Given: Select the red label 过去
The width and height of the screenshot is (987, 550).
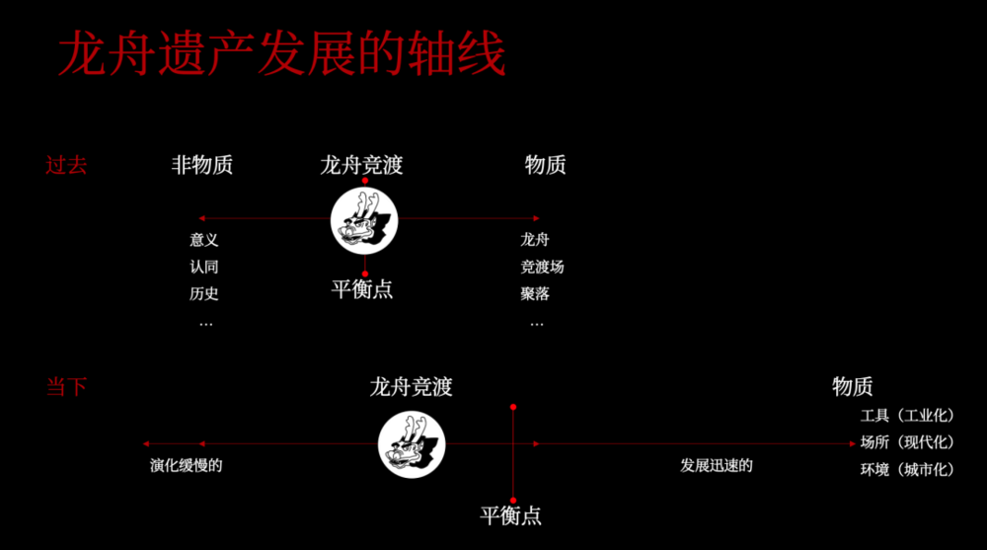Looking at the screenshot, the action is click(66, 165).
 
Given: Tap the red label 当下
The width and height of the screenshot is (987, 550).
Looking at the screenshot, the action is click(66, 386).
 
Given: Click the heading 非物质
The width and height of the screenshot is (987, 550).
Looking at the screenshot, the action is click(202, 165).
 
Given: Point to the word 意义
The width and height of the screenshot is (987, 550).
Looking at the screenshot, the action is click(204, 240).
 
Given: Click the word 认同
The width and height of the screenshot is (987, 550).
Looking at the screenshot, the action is click(204, 268).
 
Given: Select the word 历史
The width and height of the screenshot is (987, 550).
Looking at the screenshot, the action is click(204, 293).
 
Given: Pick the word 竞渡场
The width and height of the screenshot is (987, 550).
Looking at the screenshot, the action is click(542, 268).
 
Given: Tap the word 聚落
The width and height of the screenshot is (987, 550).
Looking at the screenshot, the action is click(535, 293).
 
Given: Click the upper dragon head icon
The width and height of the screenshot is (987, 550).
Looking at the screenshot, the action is click(364, 220).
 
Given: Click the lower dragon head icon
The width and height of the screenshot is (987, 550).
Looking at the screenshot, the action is click(412, 444).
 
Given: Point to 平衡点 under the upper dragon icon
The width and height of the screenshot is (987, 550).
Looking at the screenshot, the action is click(362, 289).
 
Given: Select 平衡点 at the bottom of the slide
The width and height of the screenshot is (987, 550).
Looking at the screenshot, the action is click(510, 516).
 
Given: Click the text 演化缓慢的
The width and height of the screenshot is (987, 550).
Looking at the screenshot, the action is click(187, 466).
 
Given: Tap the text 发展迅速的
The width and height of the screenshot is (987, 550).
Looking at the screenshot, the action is click(717, 466).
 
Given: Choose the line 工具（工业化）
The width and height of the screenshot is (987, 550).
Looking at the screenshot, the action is click(907, 416).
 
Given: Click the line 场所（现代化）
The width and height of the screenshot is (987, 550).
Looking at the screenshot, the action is click(907, 442).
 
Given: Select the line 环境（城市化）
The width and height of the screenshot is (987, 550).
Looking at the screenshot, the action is click(907, 469).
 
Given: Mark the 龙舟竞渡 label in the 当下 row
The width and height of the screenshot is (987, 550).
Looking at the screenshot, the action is click(411, 387).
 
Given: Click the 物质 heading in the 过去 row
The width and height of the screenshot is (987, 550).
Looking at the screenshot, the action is click(546, 165).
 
